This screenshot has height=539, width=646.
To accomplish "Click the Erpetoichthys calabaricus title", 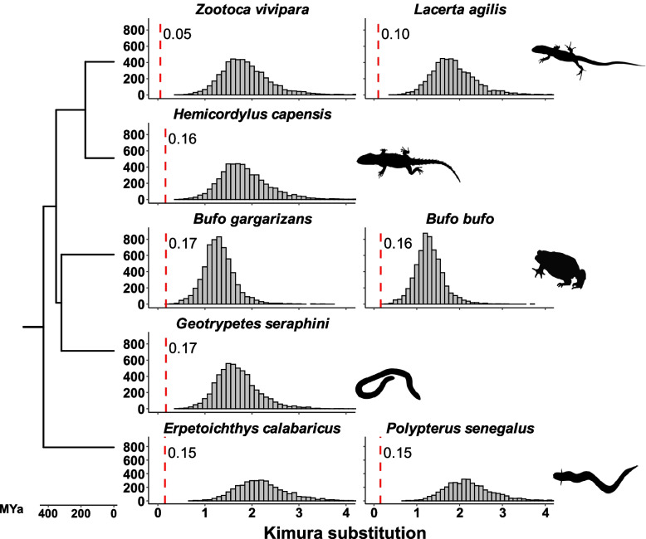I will tap(247, 429).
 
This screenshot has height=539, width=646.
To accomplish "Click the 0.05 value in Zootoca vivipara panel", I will tap(176, 35).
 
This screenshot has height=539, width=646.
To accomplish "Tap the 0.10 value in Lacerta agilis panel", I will tap(394, 35).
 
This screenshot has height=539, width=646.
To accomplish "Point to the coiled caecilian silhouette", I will tap(390, 384).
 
